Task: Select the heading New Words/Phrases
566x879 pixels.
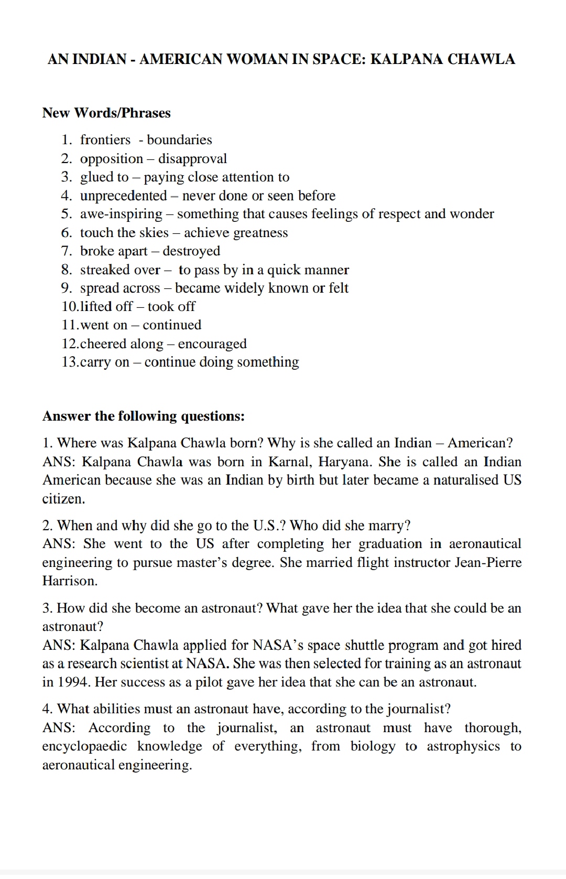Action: point(106,113)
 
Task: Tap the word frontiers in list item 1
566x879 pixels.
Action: point(105,140)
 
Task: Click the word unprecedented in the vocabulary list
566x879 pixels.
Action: point(123,196)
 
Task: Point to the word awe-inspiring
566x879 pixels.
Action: point(121,214)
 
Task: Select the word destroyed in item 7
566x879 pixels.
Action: point(191,251)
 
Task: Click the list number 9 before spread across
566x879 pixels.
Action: point(67,288)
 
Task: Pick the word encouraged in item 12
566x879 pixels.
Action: point(212,344)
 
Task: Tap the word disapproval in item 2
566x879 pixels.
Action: point(192,158)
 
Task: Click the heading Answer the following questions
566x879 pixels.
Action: point(143,416)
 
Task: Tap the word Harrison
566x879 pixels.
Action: point(70,581)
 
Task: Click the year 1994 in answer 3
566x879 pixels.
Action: point(72,682)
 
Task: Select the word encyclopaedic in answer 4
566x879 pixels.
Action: point(85,746)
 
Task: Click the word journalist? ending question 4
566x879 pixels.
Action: point(418,709)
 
